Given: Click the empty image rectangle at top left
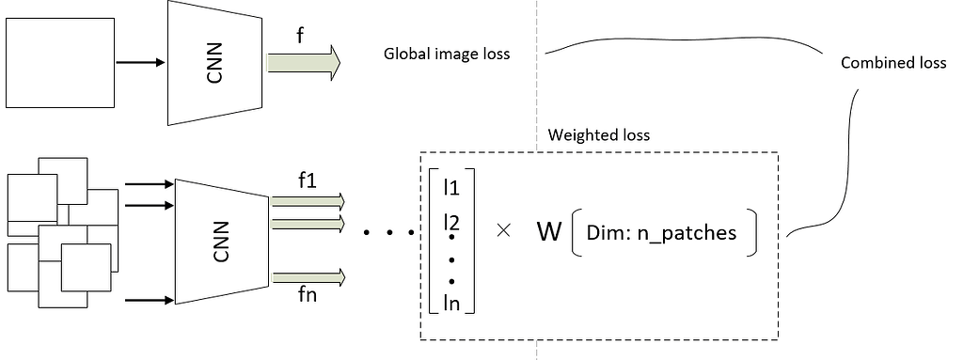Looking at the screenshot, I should pyautogui.click(x=59, y=63).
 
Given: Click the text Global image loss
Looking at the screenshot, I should pyautogui.click(x=446, y=54).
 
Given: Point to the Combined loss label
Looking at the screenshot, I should pyautogui.click(x=892, y=63).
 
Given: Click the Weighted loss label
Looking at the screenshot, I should pyautogui.click(x=598, y=134).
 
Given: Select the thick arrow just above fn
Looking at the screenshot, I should pyautogui.click(x=308, y=276).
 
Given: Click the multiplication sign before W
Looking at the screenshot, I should pyautogui.click(x=503, y=231).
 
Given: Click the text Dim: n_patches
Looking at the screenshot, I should pyautogui.click(x=661, y=233).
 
